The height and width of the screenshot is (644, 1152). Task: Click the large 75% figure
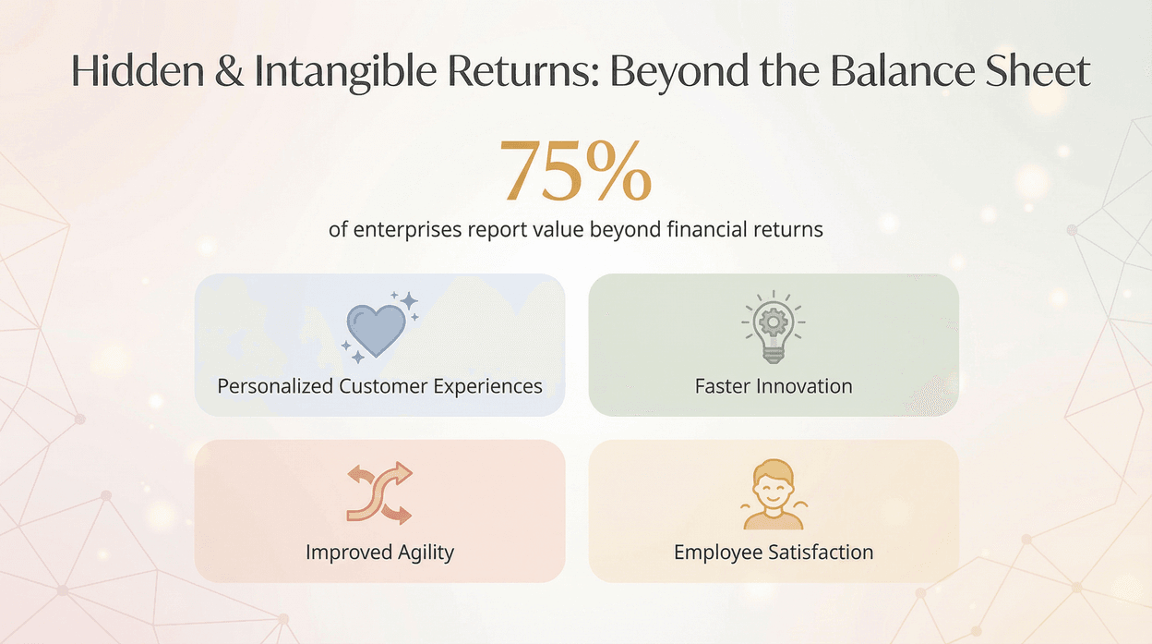pyautogui.click(x=577, y=172)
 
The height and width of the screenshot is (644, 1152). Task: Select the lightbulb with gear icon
pyautogui.click(x=774, y=328)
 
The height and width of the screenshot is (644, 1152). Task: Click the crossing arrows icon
pyautogui.click(x=378, y=493)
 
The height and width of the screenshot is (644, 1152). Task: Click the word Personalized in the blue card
pyautogui.click(x=275, y=386)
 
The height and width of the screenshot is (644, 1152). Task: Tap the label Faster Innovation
pyautogui.click(x=774, y=386)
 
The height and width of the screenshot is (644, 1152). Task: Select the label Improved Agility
pyautogui.click(x=379, y=553)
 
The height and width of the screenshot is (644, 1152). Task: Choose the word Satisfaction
pyautogui.click(x=822, y=553)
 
